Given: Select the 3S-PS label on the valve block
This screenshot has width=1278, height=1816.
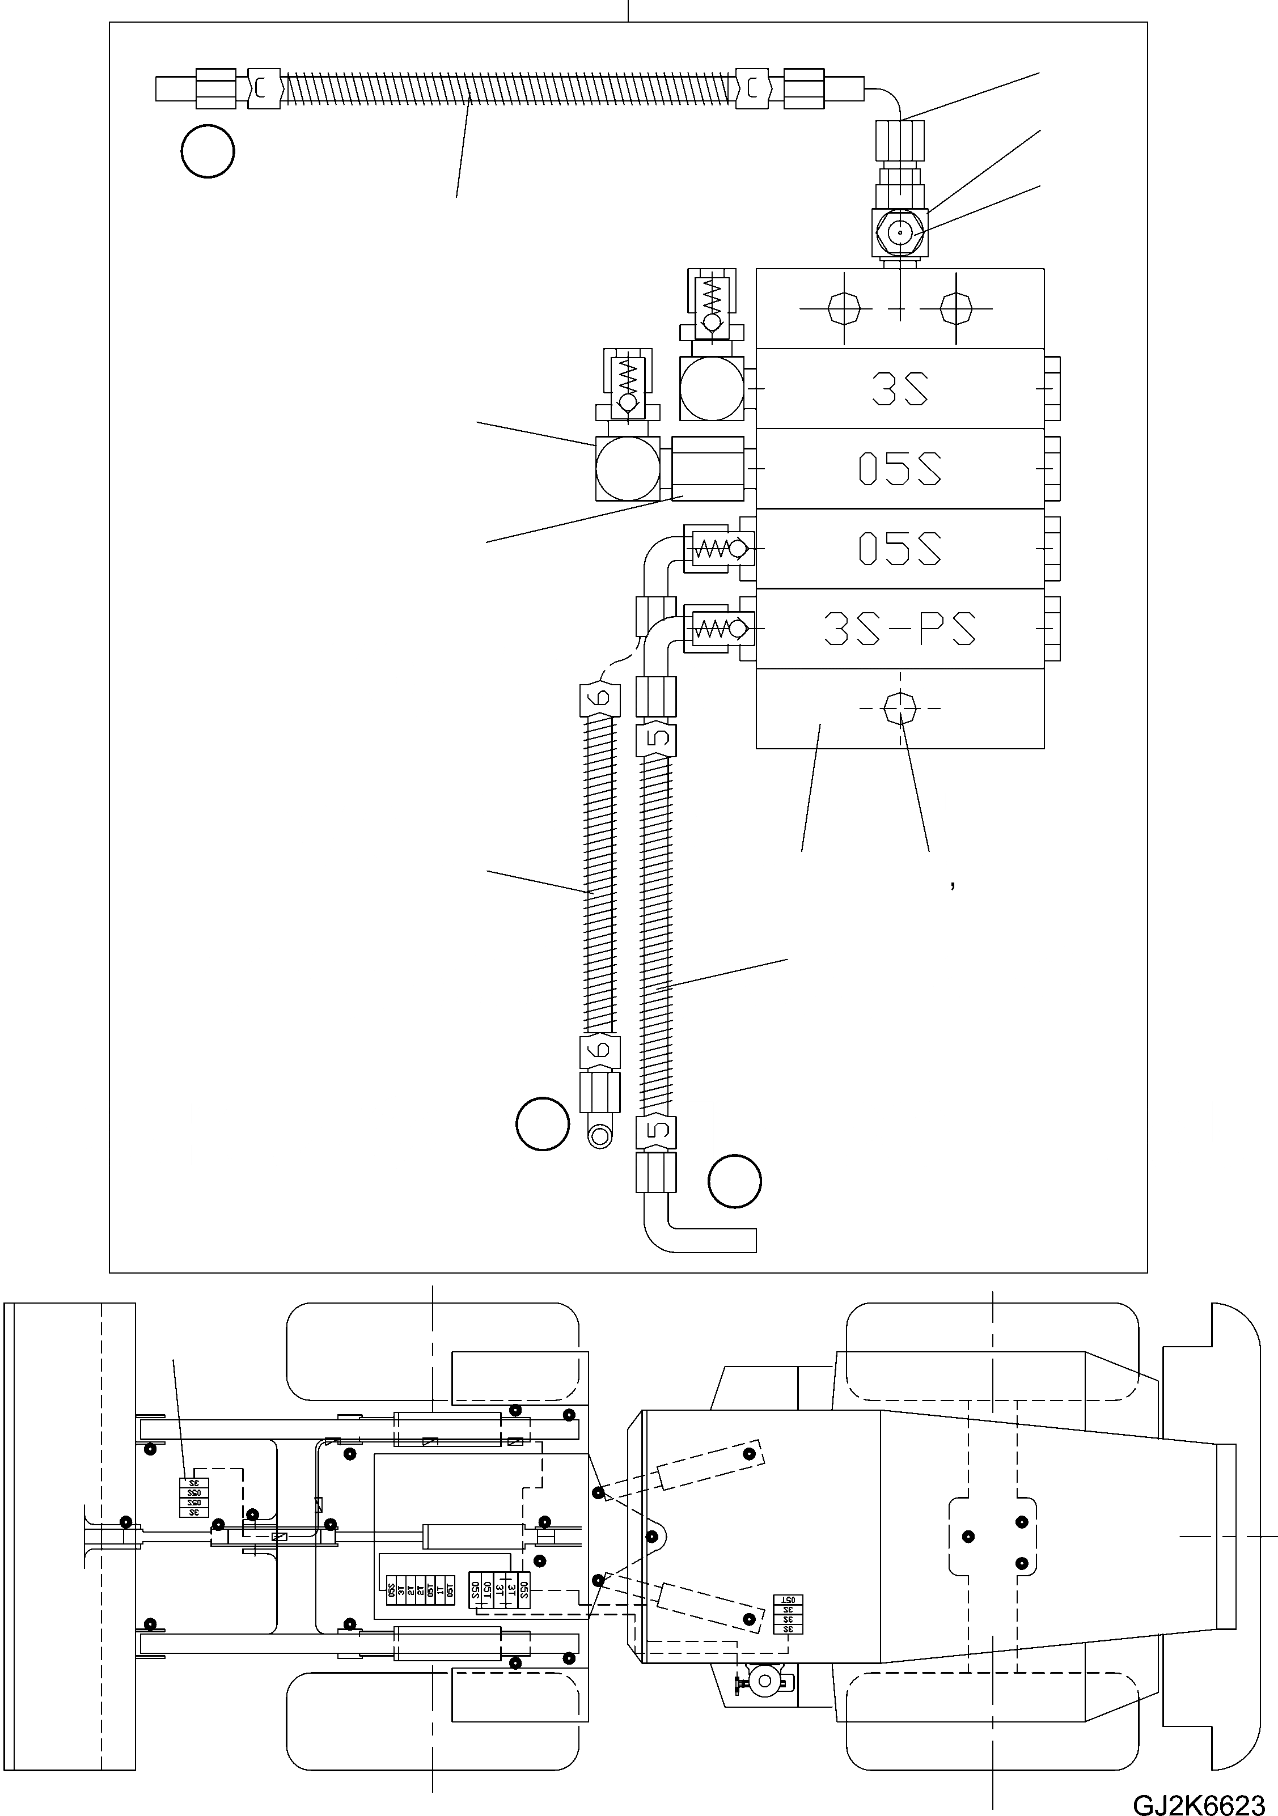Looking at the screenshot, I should pos(900,629).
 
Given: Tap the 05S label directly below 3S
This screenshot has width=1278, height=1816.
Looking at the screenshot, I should pos(900,468).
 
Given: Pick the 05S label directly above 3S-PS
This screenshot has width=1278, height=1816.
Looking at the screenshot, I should pos(900,548).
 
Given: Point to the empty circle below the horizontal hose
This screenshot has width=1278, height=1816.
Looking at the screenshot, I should pos(208,151).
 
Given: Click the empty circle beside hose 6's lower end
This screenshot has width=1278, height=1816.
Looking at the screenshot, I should pos(542,1124).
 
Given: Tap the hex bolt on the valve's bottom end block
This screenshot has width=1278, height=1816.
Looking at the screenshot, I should pos(900,708).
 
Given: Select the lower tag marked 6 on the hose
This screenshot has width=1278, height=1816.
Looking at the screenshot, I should pos(600,1052).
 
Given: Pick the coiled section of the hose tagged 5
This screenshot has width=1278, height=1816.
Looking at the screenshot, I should pos(657,934).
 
